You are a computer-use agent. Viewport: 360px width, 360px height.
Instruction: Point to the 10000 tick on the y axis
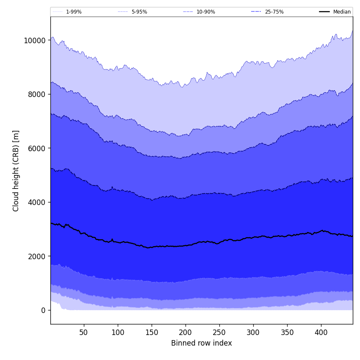[34, 41]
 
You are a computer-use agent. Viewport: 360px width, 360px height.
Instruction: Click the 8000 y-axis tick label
[36, 94]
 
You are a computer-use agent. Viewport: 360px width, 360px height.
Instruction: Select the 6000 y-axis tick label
[36, 148]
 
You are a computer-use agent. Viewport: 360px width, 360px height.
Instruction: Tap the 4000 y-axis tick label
[36, 202]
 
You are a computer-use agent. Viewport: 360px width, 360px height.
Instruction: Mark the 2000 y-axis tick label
[36, 256]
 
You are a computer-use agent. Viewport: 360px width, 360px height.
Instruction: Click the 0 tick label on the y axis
[43, 310]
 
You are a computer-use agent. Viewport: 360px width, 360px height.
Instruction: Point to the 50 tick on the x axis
[83, 333]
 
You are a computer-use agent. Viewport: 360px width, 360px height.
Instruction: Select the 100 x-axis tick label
[118, 333]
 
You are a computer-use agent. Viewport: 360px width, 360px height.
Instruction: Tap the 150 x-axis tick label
[152, 333]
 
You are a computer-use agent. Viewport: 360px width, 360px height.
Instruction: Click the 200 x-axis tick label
[186, 333]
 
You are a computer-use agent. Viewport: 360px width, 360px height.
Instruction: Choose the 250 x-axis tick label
[219, 333]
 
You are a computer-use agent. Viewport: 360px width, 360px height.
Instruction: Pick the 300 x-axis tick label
[253, 333]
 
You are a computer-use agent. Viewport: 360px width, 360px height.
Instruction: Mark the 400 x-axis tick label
[321, 333]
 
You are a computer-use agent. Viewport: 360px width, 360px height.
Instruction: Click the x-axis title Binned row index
[202, 343]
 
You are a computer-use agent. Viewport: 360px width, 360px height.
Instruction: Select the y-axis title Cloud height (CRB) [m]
[16, 171]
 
